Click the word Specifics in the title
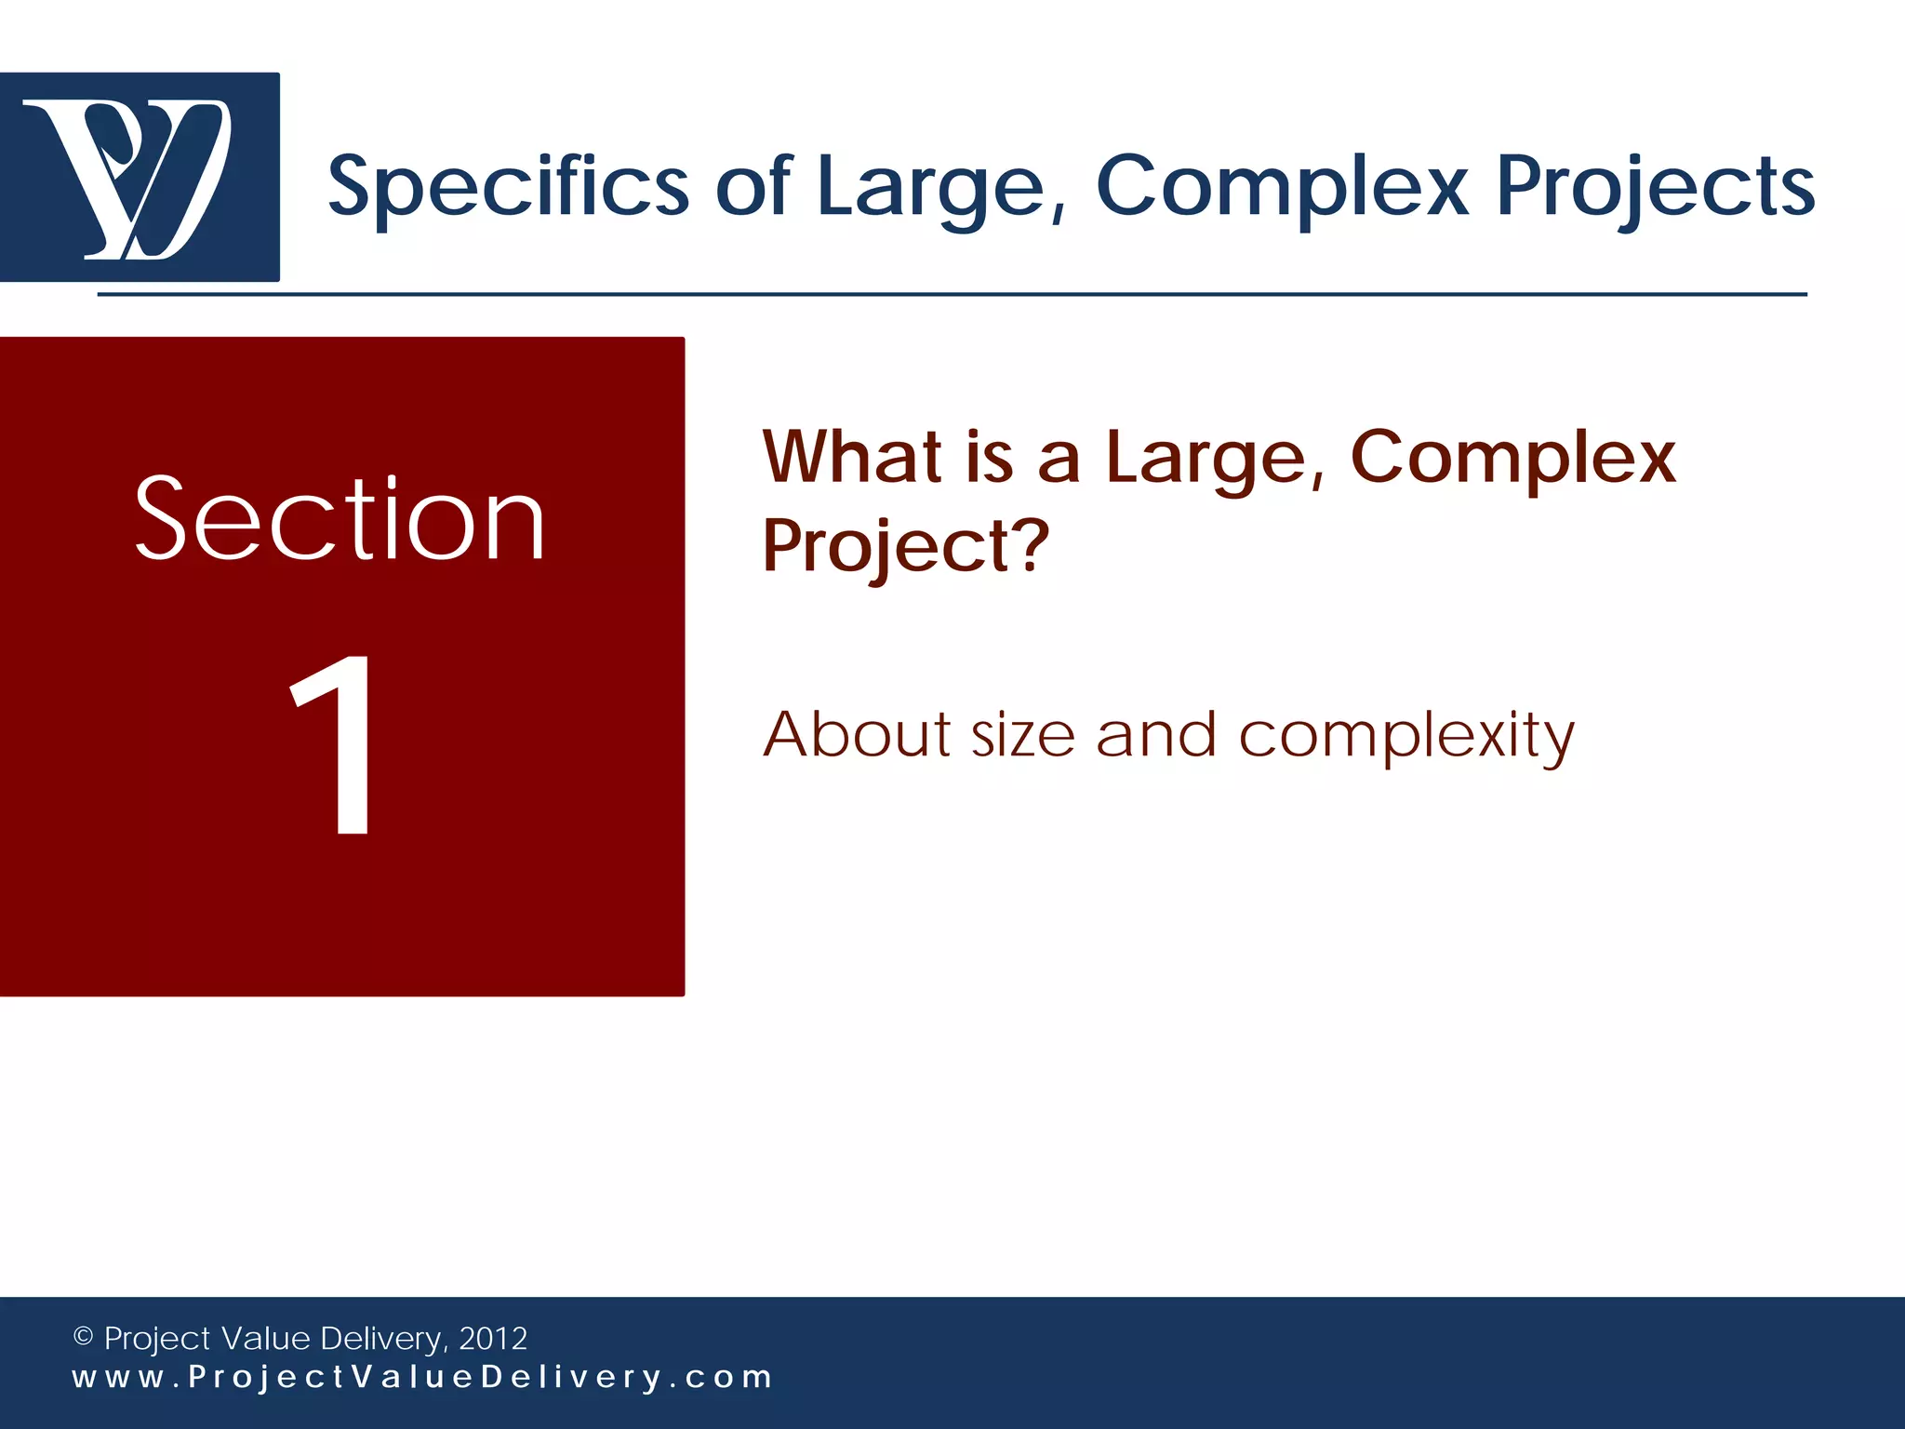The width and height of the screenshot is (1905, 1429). [508, 186]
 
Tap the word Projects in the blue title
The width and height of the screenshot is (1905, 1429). [1655, 186]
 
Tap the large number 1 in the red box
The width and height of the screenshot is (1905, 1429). [335, 744]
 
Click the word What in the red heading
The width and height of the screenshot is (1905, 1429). [852, 458]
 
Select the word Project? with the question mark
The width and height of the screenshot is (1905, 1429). [905, 546]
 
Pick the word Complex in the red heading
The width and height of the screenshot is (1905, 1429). [1512, 458]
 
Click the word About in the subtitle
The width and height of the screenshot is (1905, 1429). [857, 735]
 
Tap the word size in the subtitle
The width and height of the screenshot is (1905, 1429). [1023, 735]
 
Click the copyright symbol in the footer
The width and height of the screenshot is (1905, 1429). [83, 1337]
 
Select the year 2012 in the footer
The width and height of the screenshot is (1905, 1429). [493, 1338]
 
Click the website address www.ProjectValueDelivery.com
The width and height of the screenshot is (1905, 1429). [422, 1377]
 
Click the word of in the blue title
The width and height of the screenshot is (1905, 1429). [753, 186]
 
